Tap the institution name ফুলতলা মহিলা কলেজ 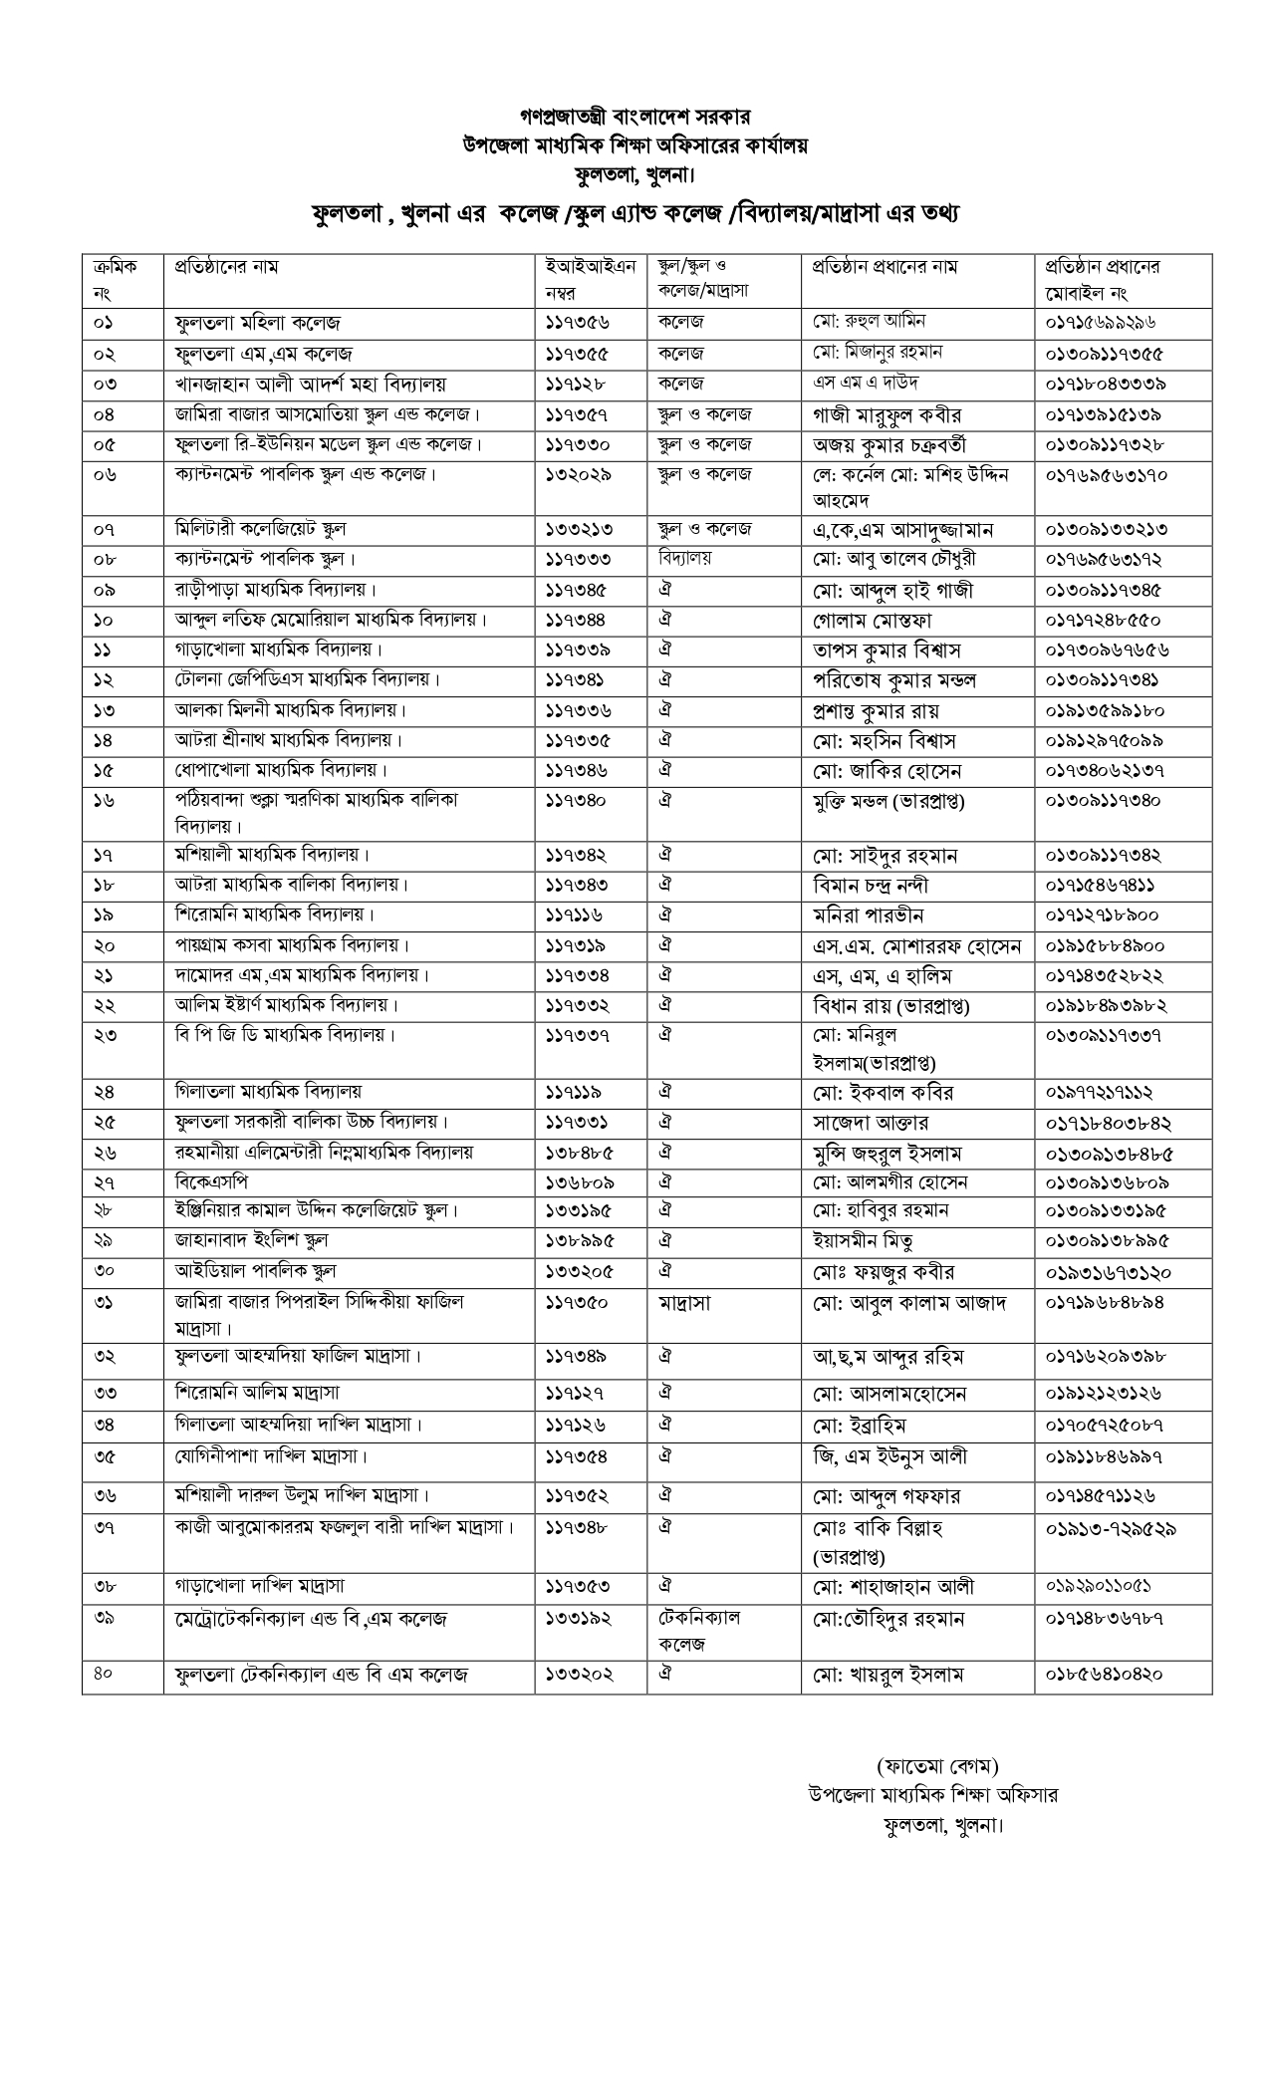pyautogui.click(x=257, y=324)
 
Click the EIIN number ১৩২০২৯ pyautogui.click(x=580, y=475)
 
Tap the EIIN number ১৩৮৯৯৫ pyautogui.click(x=580, y=1241)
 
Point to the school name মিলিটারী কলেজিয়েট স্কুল pyautogui.click(x=260, y=529)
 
